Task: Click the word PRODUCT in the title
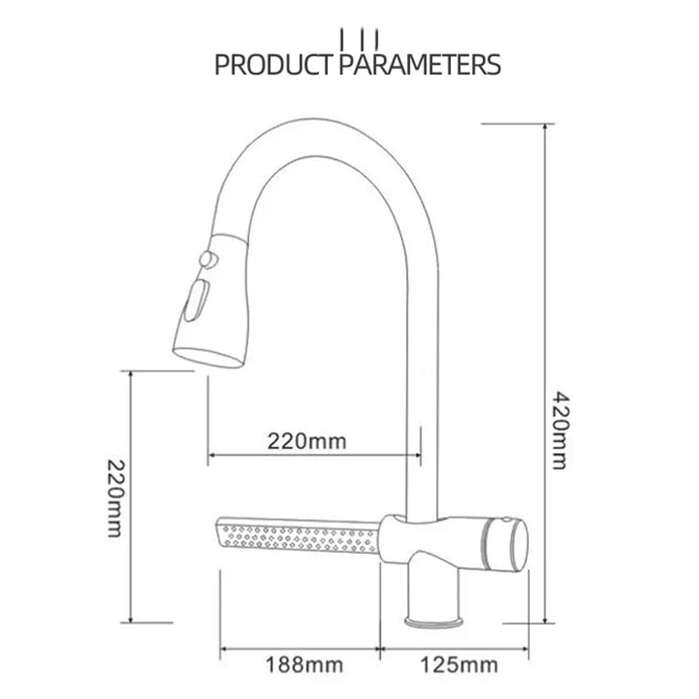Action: pos(273,65)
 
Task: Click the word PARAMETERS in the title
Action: pos(420,65)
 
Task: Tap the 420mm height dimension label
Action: pos(560,431)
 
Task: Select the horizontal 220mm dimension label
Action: pos(307,441)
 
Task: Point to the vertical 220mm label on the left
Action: pos(114,498)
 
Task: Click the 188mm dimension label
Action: pos(305,665)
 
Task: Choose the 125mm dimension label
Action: pos(460,665)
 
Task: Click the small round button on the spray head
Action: pos(209,260)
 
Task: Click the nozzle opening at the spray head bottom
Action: pos(207,358)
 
